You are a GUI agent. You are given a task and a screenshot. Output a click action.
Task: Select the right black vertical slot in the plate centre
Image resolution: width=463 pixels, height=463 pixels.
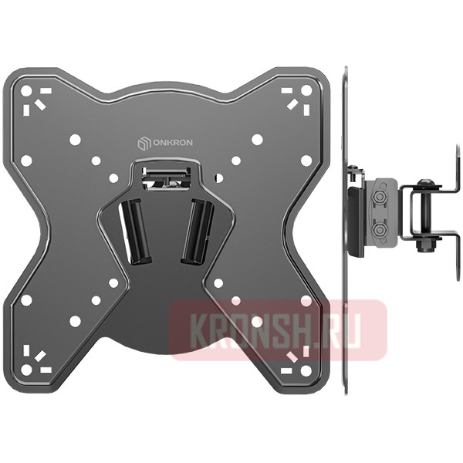pyautogui.click(x=198, y=229)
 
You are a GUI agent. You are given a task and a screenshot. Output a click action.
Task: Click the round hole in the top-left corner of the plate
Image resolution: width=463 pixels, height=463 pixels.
pyautogui.click(x=26, y=91)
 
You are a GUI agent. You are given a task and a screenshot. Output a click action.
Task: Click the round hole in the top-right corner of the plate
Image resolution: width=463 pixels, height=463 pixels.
pyautogui.click(x=306, y=91)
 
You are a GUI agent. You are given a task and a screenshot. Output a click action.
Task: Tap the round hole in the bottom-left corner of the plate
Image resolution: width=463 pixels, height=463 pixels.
pyautogui.click(x=26, y=372)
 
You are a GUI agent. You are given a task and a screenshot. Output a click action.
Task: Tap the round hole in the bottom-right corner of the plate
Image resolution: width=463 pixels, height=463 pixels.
pyautogui.click(x=306, y=372)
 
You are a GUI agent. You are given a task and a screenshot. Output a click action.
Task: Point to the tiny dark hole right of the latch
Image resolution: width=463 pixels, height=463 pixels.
pyautogui.click(x=219, y=177)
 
